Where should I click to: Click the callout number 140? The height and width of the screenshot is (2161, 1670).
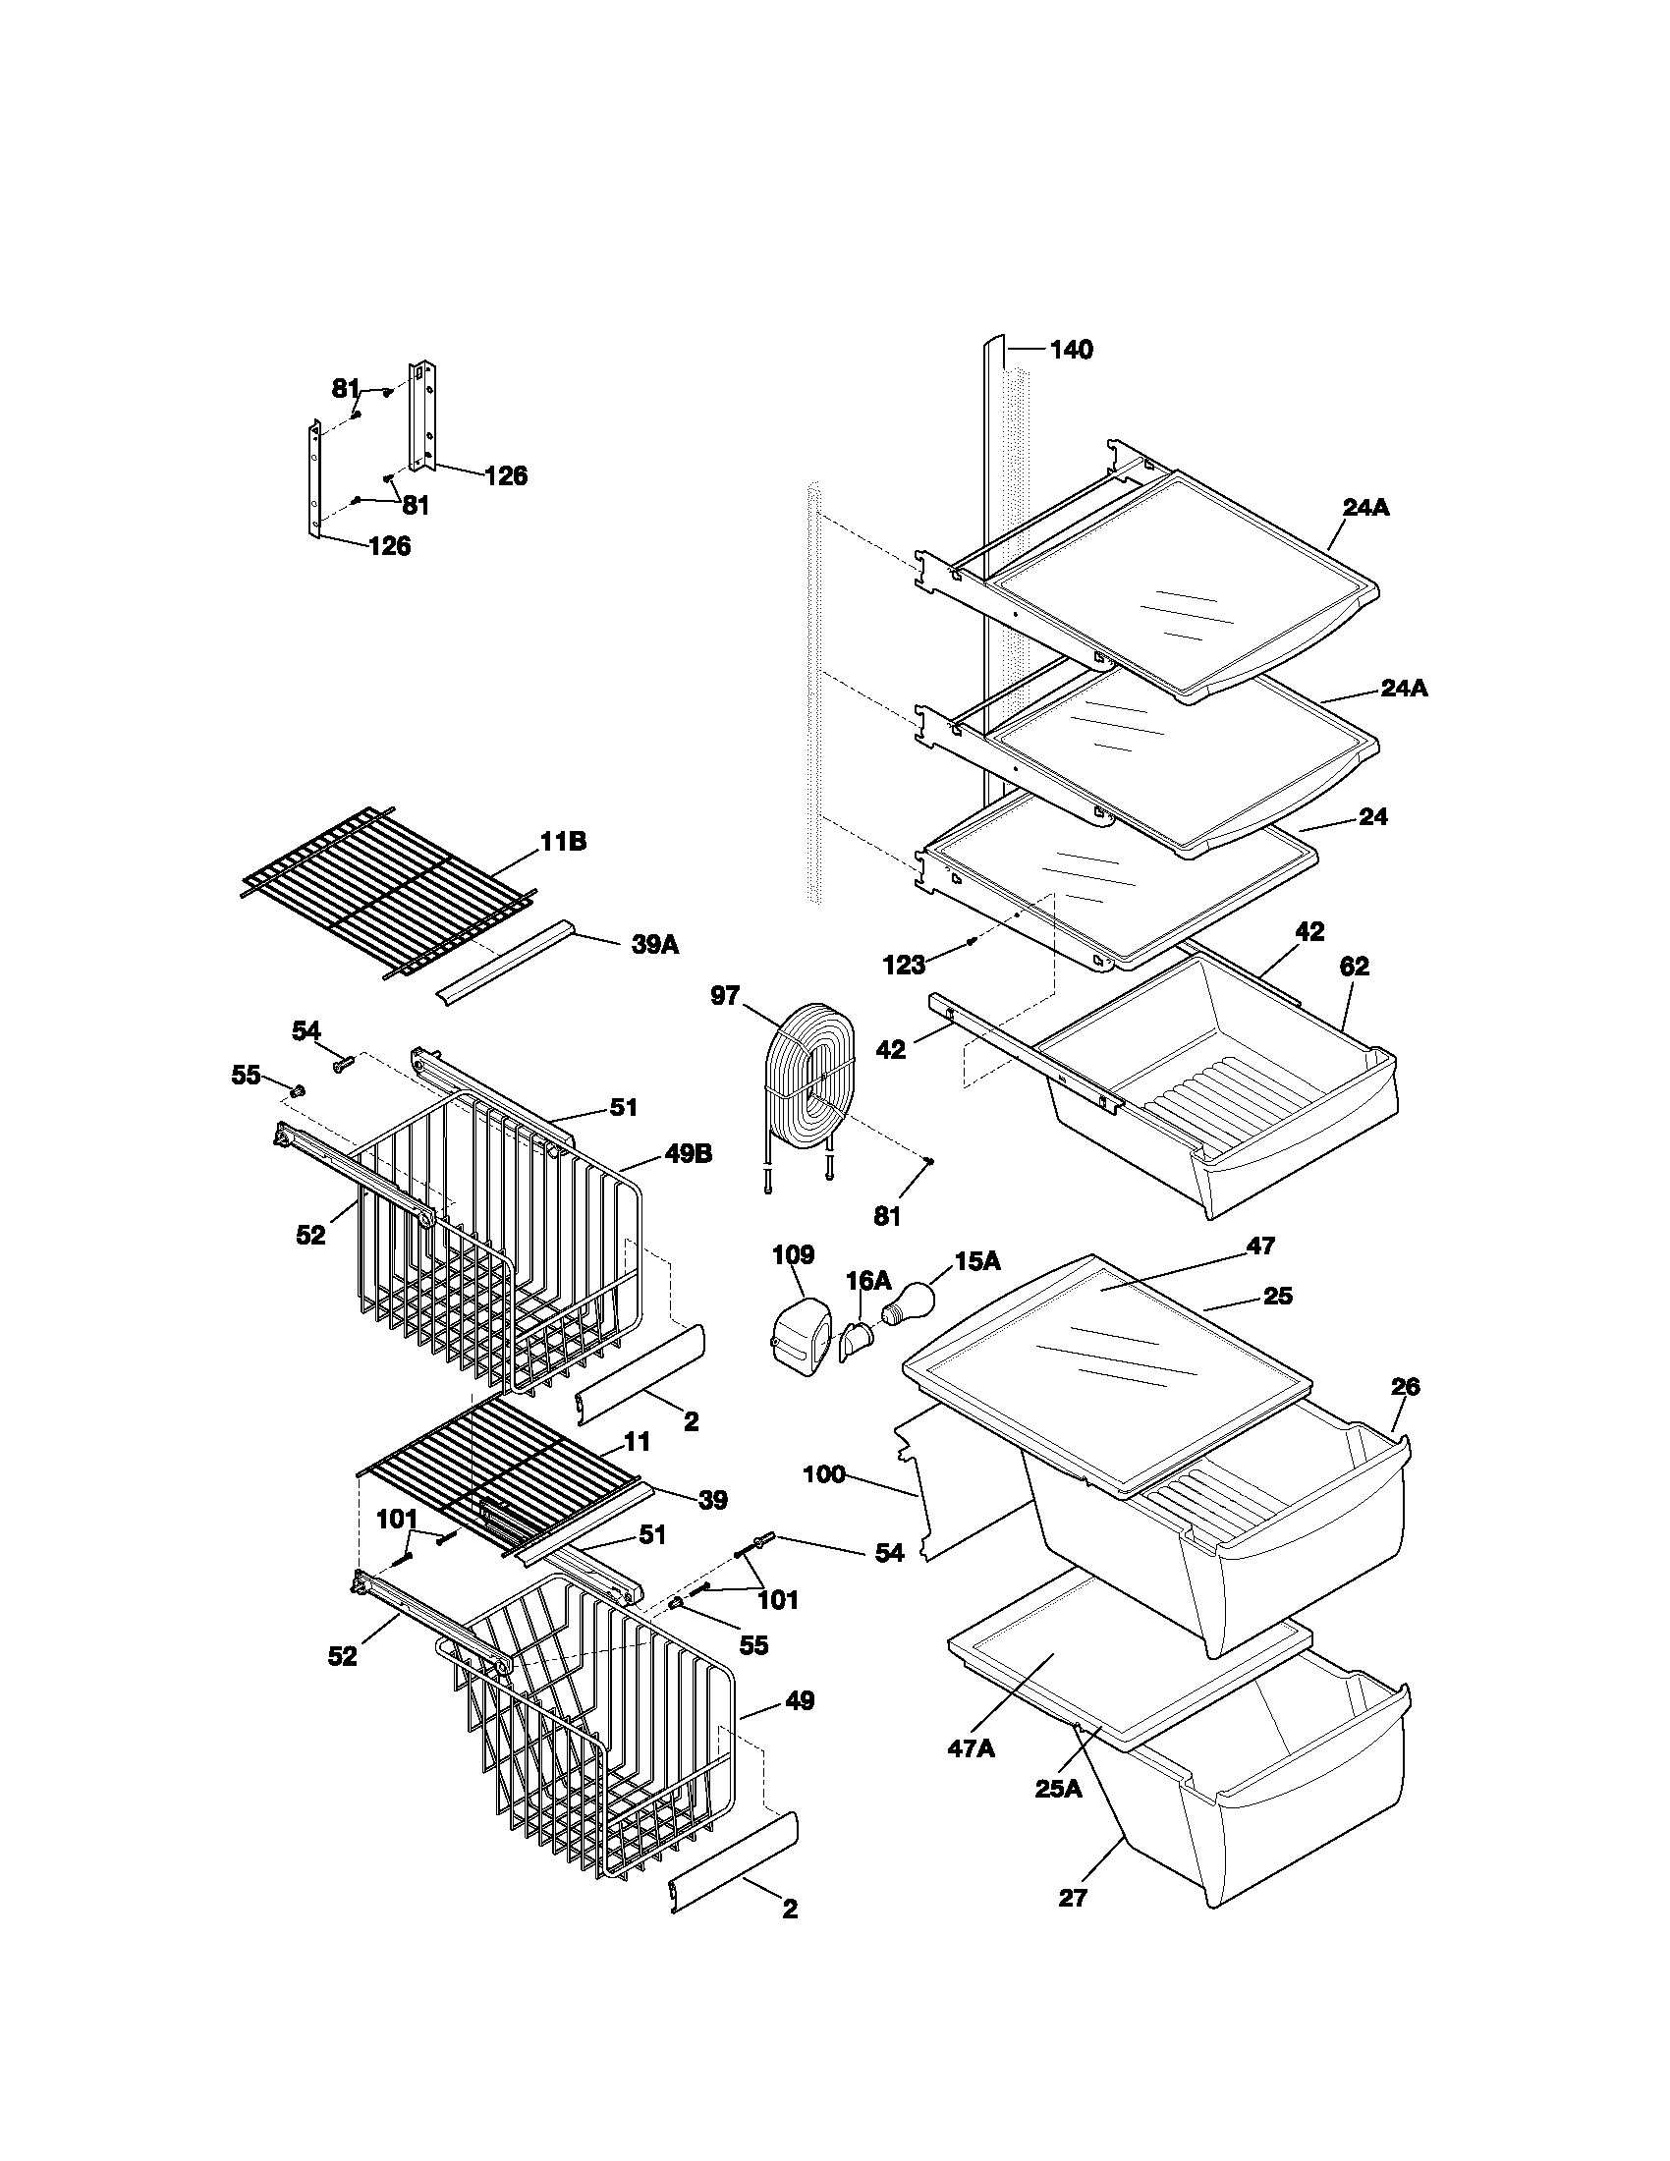[1072, 350]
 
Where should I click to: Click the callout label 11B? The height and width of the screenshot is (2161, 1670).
[562, 842]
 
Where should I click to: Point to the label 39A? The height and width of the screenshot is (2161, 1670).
[655, 944]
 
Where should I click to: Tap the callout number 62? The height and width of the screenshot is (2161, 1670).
[1354, 967]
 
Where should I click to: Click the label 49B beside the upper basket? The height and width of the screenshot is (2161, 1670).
[689, 1154]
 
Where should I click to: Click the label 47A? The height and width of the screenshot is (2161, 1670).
[971, 1748]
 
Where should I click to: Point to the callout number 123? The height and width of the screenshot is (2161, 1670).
[904, 965]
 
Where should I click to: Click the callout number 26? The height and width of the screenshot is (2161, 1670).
[1405, 1386]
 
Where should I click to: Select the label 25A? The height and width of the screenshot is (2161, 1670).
[1059, 1789]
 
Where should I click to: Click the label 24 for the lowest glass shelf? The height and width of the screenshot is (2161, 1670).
[1373, 816]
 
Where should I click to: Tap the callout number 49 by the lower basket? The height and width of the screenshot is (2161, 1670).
[800, 1701]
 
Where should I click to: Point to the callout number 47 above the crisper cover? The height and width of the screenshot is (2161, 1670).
[1260, 1246]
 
